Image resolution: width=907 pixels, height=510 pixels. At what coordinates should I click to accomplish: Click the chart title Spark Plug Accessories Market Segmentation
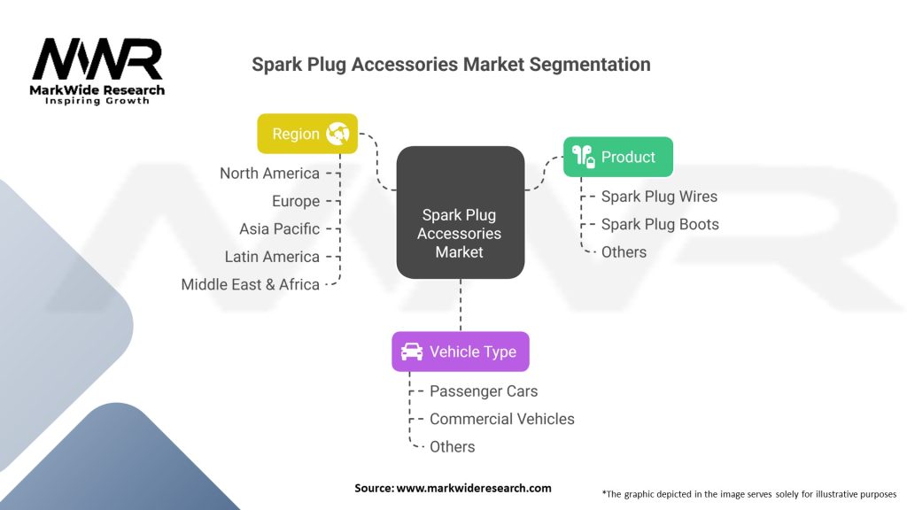pos(451,65)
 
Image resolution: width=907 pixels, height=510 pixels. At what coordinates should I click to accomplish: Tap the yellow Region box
pos(307,134)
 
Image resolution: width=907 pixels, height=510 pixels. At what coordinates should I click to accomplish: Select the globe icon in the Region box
pos(337,134)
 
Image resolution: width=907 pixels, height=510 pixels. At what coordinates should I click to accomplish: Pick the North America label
pos(269,174)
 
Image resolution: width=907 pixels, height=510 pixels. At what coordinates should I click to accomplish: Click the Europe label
pos(296,201)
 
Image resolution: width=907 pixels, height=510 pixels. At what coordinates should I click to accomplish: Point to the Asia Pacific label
pos(279,228)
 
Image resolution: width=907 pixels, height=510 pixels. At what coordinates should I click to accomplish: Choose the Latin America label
pos(272,257)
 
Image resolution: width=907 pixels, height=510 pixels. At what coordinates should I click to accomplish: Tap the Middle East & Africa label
pos(250,284)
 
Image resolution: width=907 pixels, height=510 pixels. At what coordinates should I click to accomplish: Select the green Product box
pos(618,157)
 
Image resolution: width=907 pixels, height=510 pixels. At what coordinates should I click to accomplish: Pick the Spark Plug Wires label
pos(659,197)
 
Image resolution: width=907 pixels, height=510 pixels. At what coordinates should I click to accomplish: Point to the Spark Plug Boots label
pos(660,224)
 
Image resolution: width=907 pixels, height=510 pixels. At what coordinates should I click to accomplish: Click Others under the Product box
pos(624,252)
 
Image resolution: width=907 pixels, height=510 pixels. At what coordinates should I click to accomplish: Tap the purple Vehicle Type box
pos(461,352)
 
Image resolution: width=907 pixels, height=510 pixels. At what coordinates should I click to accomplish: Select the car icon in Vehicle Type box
pos(412,352)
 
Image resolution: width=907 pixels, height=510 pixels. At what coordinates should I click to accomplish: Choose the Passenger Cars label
pos(484,390)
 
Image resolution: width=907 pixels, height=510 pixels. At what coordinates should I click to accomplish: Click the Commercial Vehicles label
pos(501,419)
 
